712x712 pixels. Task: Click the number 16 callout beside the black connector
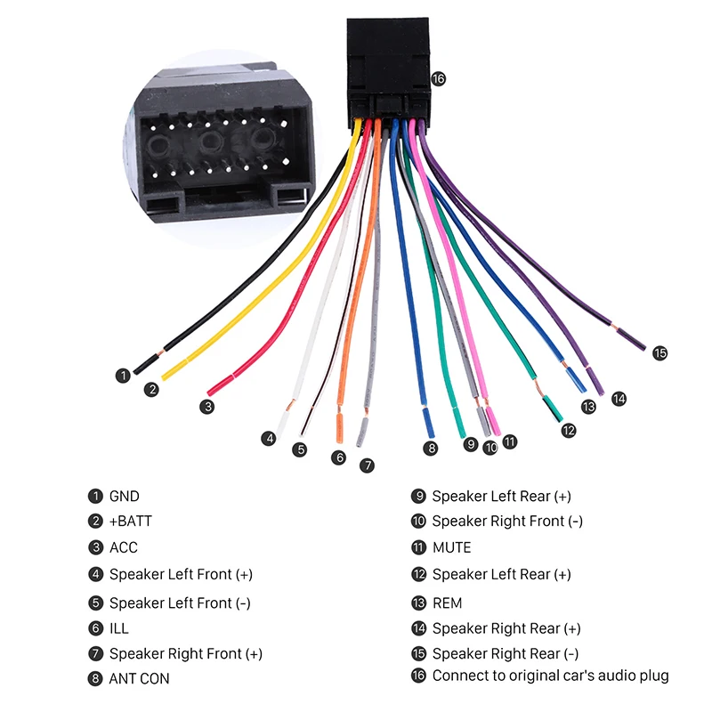[x=438, y=79]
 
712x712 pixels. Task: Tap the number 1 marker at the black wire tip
[x=123, y=376]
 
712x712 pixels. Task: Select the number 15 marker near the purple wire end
[x=659, y=352]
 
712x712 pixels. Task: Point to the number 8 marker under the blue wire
[x=431, y=449]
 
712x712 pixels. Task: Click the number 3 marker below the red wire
[x=207, y=407]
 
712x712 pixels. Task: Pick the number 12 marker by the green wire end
[x=569, y=430]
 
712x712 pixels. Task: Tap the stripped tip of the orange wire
[x=339, y=429]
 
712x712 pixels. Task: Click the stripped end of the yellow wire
[x=173, y=370]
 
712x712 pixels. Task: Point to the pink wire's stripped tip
[x=494, y=421]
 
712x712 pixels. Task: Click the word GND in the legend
[x=125, y=497]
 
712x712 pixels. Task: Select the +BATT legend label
[x=131, y=521]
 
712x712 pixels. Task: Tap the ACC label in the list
[x=124, y=547]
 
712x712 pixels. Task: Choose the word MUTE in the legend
[x=452, y=547]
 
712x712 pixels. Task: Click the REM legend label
[x=448, y=603]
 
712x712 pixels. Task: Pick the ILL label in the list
[x=119, y=628]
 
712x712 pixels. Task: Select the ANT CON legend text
[x=140, y=679]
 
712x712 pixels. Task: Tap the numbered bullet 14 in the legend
[x=418, y=628]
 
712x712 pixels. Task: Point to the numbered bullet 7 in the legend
[x=95, y=654]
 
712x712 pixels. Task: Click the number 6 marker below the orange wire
[x=339, y=457]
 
